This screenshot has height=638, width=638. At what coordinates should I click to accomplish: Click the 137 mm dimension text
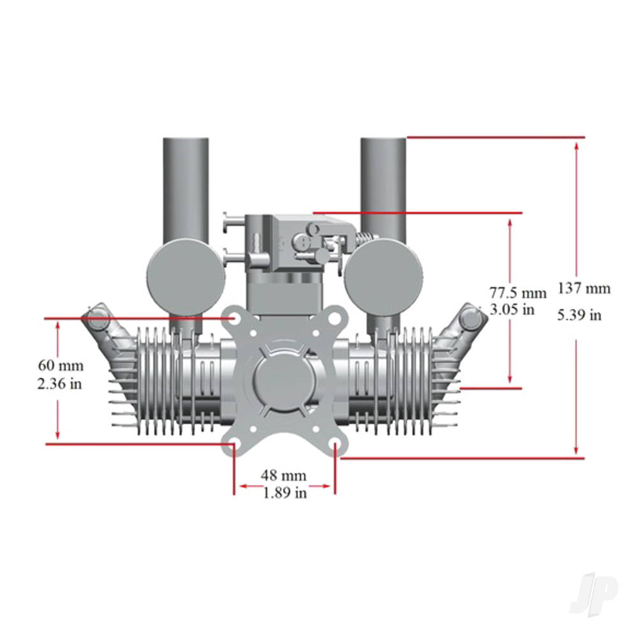point(583,288)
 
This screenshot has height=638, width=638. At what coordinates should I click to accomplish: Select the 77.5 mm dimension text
point(518,293)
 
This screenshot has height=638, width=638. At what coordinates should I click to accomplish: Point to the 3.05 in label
point(512,310)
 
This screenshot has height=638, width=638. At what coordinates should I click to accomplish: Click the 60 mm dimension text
point(61,366)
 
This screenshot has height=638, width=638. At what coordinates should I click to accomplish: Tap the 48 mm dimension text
point(283,475)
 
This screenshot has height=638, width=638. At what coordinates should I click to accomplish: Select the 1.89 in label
point(284,493)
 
